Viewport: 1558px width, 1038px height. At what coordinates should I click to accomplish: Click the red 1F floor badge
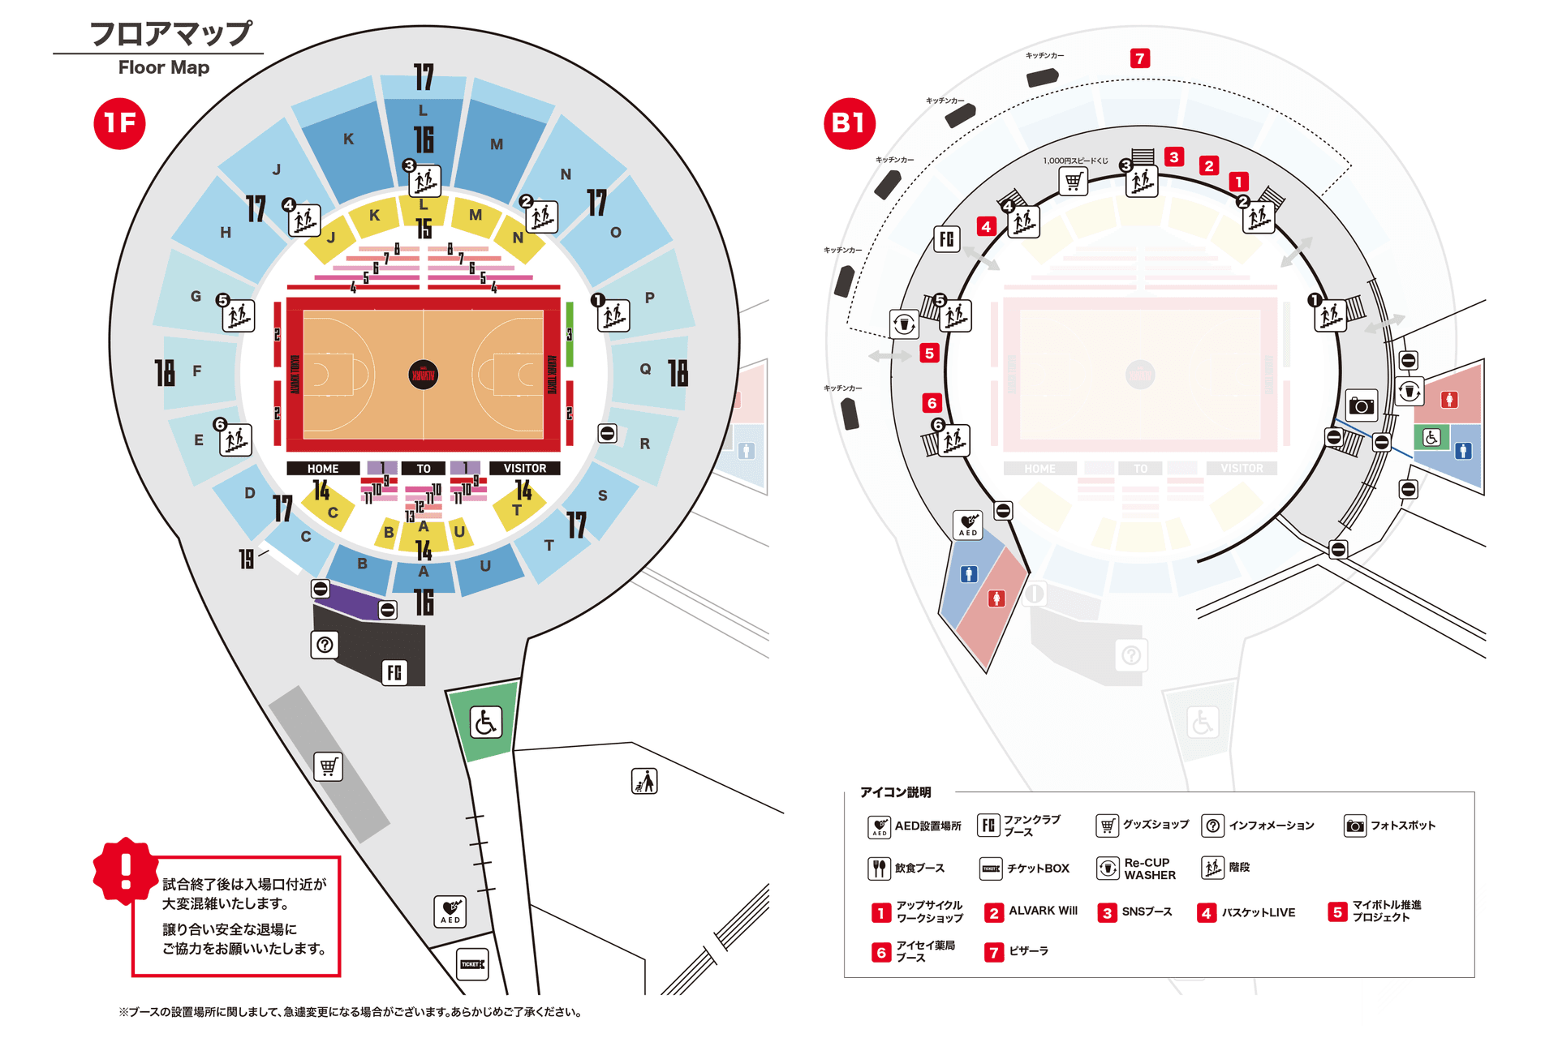tap(119, 123)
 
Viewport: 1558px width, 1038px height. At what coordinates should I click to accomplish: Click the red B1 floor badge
tap(849, 123)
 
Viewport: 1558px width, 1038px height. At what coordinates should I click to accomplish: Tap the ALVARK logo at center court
tap(423, 375)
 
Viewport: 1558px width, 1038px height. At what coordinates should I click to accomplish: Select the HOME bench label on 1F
tap(323, 469)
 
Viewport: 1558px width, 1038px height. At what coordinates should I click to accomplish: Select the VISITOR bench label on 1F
tap(524, 469)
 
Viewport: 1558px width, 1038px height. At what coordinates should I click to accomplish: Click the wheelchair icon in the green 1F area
tap(485, 722)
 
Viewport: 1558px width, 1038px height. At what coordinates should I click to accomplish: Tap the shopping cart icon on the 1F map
tap(328, 766)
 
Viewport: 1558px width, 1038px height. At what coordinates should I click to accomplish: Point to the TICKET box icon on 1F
tap(472, 964)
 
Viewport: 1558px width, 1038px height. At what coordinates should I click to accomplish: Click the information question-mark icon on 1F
tap(325, 645)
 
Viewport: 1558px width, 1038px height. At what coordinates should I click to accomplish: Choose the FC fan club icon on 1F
tap(394, 672)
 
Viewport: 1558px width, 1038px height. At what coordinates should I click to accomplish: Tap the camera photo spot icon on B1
tap(1362, 405)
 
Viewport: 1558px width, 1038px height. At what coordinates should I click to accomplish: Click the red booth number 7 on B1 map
tap(1140, 58)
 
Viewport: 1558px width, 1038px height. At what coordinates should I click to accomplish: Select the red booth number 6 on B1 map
tap(932, 403)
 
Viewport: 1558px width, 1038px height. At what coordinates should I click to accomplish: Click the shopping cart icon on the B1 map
tap(1074, 181)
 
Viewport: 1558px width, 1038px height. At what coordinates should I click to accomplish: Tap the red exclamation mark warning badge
tap(126, 872)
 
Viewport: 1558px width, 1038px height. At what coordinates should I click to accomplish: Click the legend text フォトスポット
tap(1403, 826)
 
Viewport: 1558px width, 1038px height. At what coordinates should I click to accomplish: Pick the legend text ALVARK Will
tap(1043, 911)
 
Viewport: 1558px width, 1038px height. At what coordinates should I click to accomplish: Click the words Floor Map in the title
tap(163, 67)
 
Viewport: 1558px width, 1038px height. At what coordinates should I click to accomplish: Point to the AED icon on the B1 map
tap(968, 525)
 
